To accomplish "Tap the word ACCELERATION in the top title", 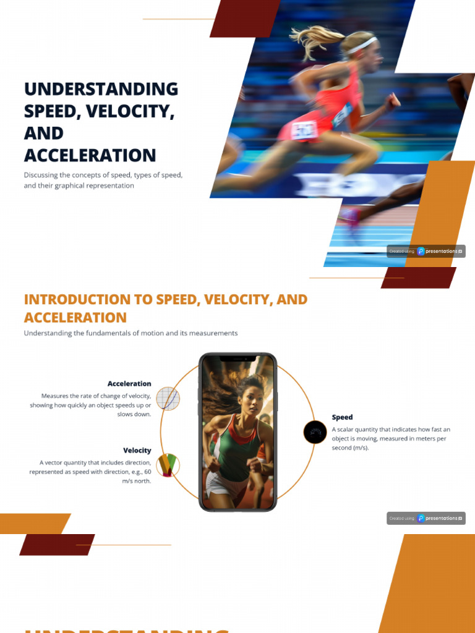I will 90,155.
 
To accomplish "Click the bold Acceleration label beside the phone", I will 129,384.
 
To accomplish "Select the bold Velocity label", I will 137,451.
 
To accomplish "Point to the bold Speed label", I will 342,417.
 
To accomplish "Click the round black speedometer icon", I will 315,432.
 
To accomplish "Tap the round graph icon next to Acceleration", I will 168,399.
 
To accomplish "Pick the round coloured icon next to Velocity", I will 168,464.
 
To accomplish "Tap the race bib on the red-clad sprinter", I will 304,129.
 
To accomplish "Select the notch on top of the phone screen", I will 237,359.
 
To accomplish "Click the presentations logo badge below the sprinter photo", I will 426,251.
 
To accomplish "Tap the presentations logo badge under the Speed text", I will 426,518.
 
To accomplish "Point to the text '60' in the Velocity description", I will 147,472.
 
